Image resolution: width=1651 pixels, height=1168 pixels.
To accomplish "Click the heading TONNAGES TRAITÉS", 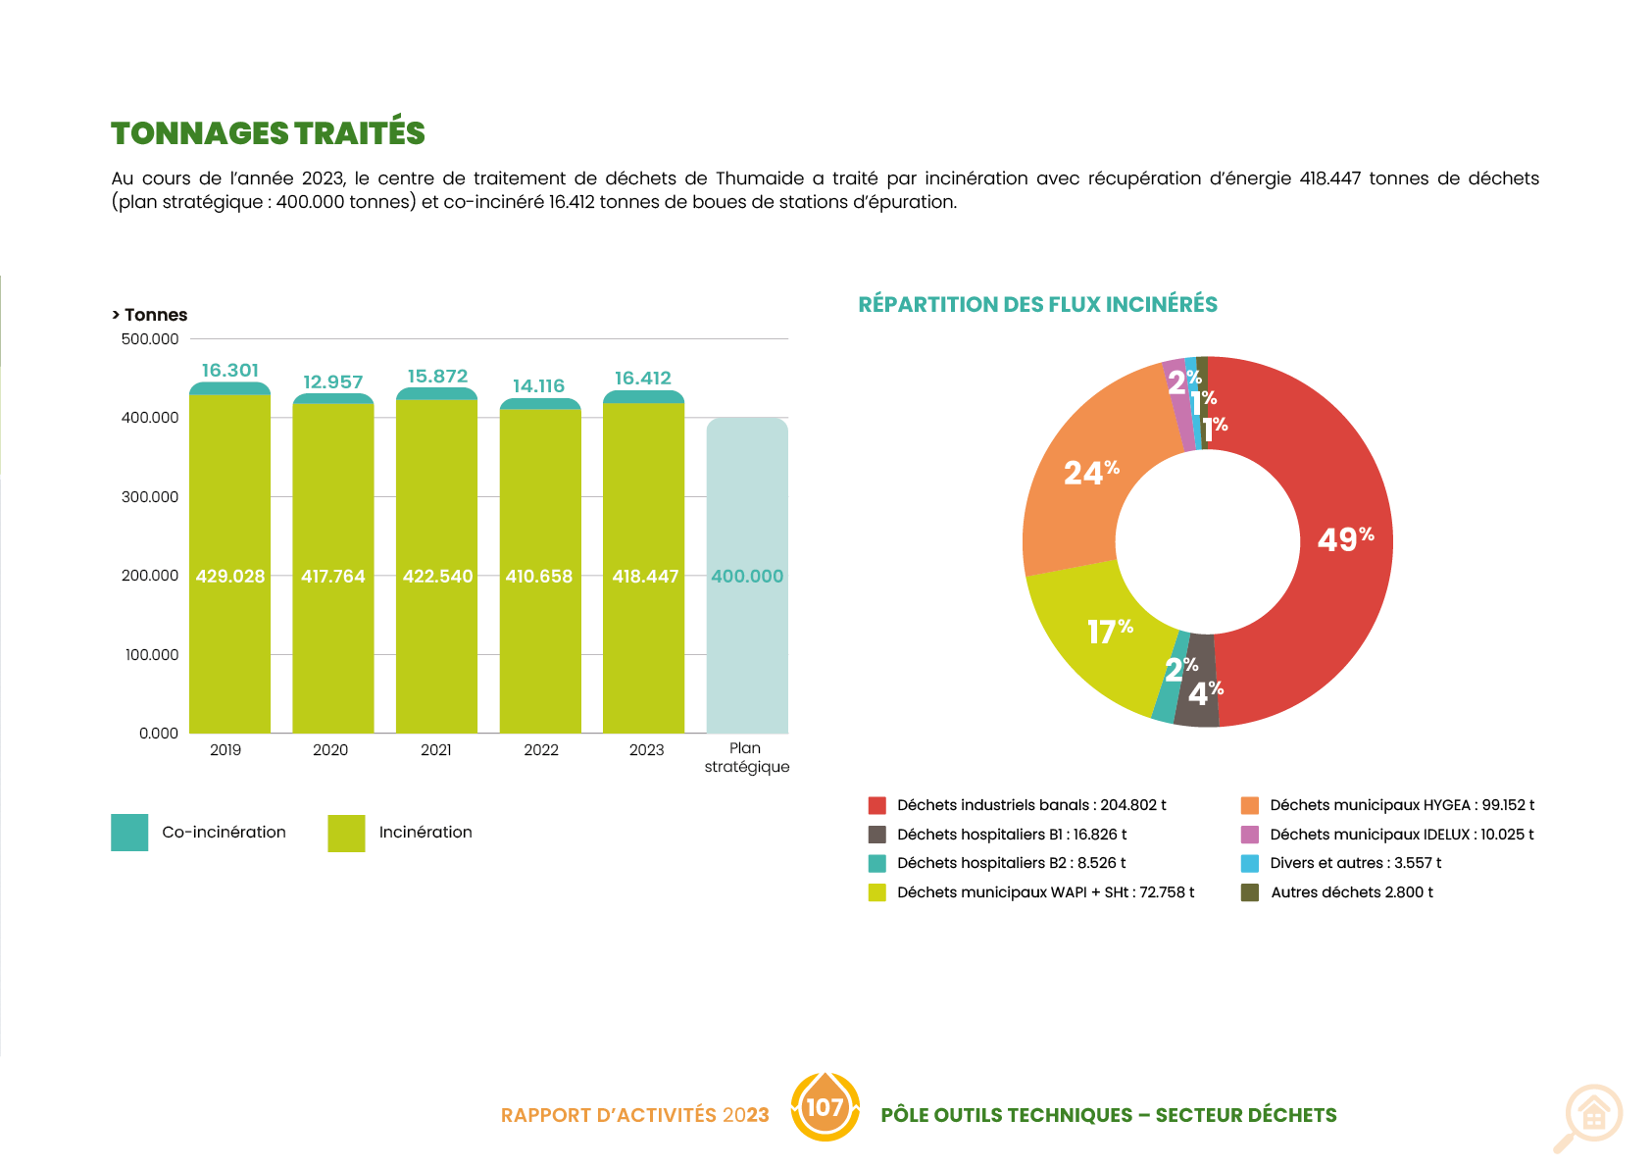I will click(268, 133).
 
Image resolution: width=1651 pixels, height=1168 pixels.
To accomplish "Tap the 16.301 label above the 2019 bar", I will click(230, 371).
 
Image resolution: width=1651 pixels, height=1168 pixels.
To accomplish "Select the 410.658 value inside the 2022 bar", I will click(538, 577).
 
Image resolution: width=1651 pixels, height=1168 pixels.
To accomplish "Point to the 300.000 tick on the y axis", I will click(150, 497).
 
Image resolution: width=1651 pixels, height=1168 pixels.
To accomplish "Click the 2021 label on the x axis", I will click(435, 750).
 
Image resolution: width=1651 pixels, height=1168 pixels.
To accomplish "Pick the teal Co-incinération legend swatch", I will click(129, 833).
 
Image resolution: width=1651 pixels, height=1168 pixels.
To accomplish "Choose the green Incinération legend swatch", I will click(346, 833).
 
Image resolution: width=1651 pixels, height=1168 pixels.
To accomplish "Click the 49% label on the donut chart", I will click(1345, 539).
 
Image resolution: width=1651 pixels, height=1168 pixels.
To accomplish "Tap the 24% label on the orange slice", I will click(1091, 473).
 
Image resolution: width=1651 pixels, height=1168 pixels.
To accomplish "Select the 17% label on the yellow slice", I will click(1110, 632).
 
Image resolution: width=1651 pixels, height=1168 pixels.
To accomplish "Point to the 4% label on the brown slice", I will click(1205, 693).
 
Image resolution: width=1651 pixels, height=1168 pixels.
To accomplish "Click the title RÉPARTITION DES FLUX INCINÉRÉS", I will click(1037, 304).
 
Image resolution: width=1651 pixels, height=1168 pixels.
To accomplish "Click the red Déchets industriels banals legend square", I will click(876, 805).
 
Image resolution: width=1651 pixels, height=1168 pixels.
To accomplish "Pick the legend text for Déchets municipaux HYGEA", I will click(1402, 805).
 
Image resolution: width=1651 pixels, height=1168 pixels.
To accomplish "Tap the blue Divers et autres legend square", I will click(1249, 863).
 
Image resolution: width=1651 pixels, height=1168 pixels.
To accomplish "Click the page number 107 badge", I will click(825, 1107).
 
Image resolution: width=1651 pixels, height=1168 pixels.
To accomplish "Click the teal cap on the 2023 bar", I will click(643, 397).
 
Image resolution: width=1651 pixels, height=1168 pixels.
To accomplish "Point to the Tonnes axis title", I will click(151, 315).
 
